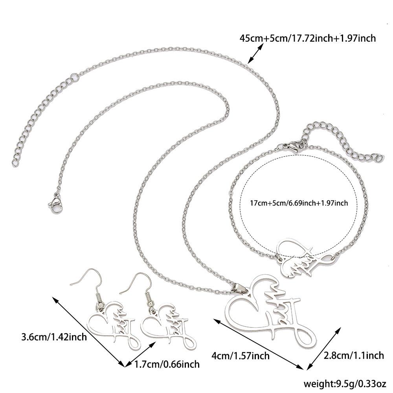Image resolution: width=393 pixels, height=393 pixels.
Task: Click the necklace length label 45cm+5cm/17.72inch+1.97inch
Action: click(308, 38)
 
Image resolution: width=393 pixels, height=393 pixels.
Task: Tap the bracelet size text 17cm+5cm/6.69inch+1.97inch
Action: click(299, 203)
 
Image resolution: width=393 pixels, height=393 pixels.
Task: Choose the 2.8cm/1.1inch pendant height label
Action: click(353, 356)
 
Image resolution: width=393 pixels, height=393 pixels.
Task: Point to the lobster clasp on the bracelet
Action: click(293, 147)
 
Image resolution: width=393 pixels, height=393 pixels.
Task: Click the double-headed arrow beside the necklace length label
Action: click(256, 53)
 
